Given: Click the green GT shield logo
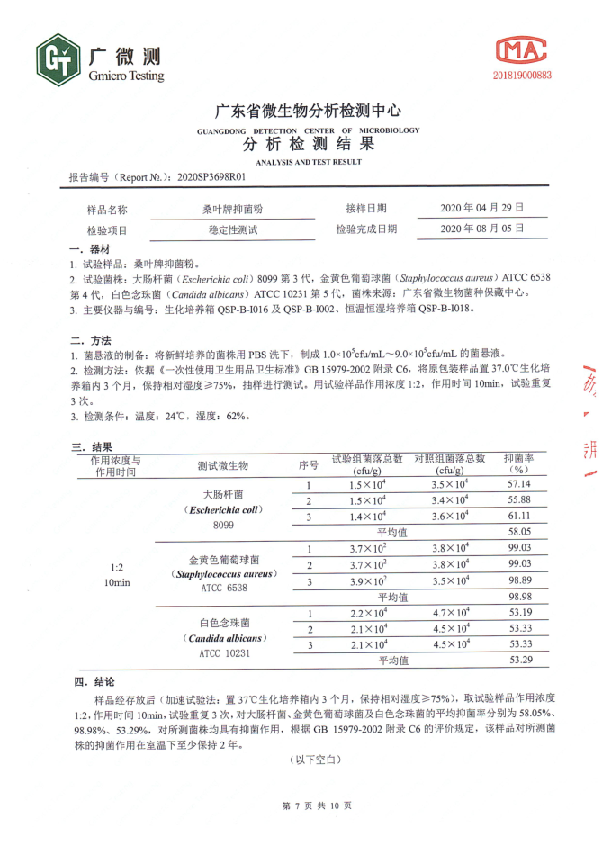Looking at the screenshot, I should (59, 60).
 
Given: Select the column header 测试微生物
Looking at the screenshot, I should (223, 465).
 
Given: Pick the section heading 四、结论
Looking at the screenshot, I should (94, 681).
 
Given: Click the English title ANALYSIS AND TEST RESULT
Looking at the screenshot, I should (308, 162).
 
